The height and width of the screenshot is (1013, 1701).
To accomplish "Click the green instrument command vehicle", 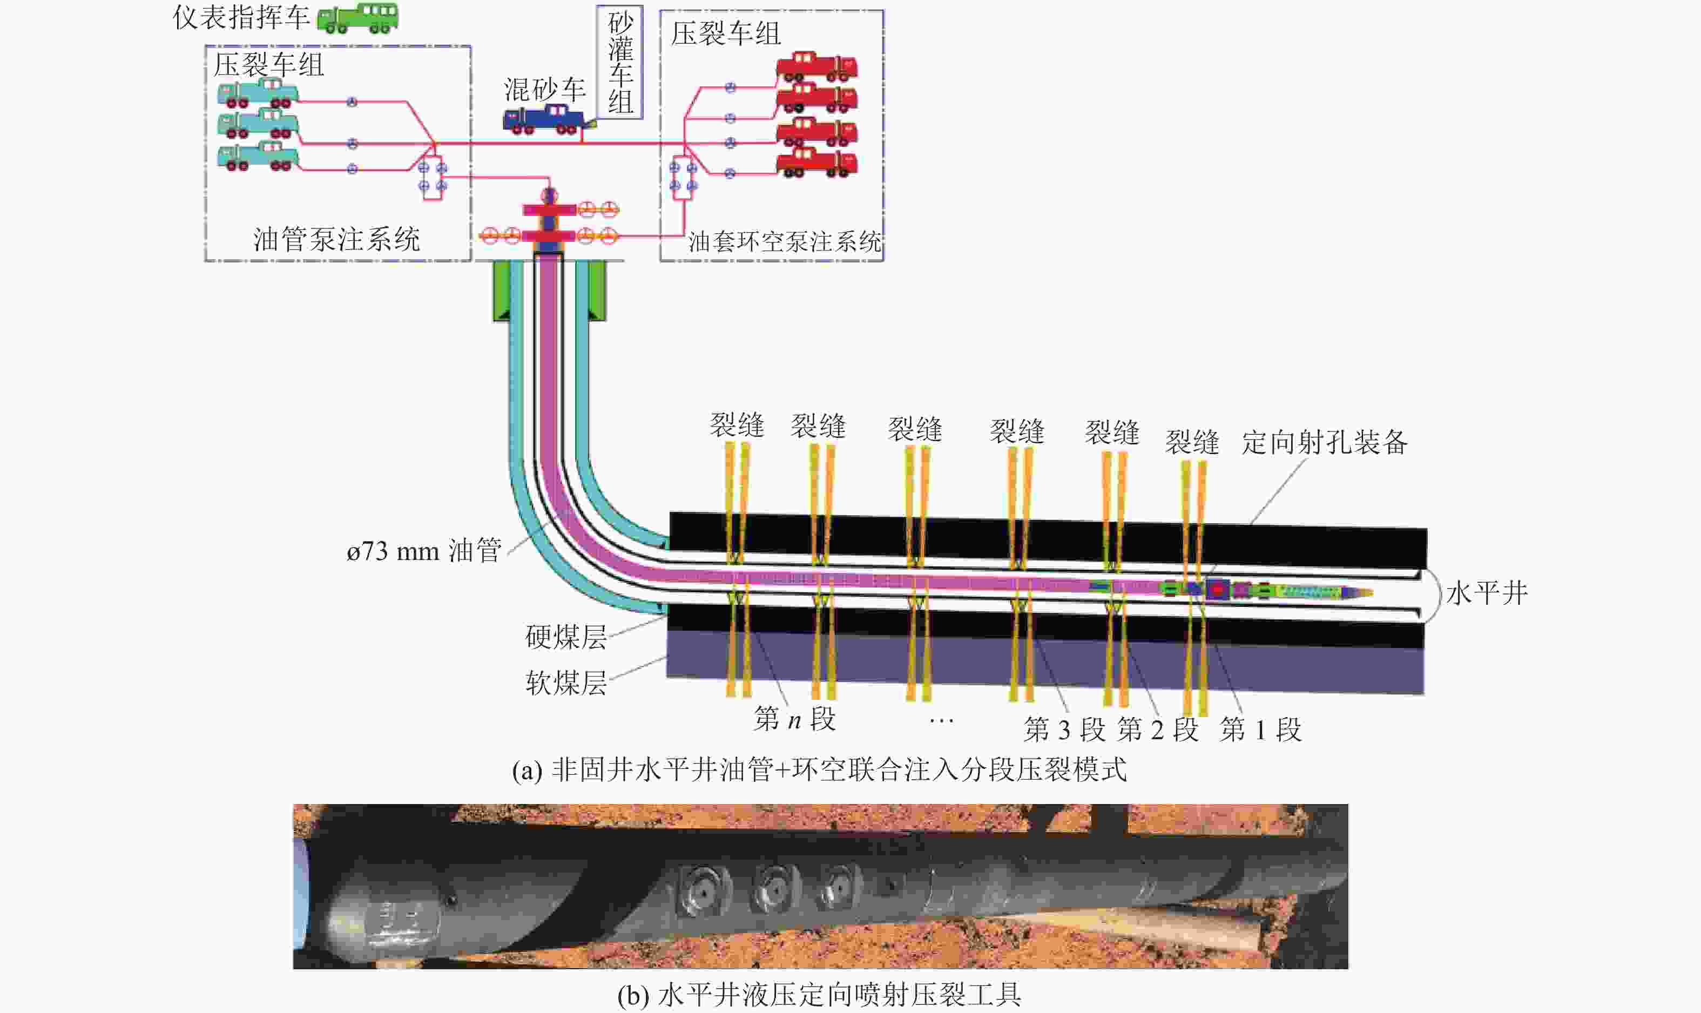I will tap(357, 18).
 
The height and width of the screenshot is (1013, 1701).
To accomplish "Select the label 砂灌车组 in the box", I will tap(620, 62).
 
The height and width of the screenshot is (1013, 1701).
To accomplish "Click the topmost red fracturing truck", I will tap(816, 66).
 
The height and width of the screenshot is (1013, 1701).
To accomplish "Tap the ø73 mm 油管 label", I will tap(424, 551).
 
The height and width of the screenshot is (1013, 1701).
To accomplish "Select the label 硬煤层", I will tap(566, 637).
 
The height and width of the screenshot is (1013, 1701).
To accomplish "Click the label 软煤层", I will tap(566, 682).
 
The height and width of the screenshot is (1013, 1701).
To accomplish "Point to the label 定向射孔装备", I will tap(1324, 442).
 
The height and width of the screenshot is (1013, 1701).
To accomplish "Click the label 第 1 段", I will tap(1260, 730).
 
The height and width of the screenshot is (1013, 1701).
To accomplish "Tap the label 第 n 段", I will tap(794, 719).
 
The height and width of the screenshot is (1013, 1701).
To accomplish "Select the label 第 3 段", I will tap(1064, 730).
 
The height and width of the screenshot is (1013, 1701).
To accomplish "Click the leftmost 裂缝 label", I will tap(737, 426).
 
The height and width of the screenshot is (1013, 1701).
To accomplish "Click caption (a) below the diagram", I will tap(819, 770).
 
